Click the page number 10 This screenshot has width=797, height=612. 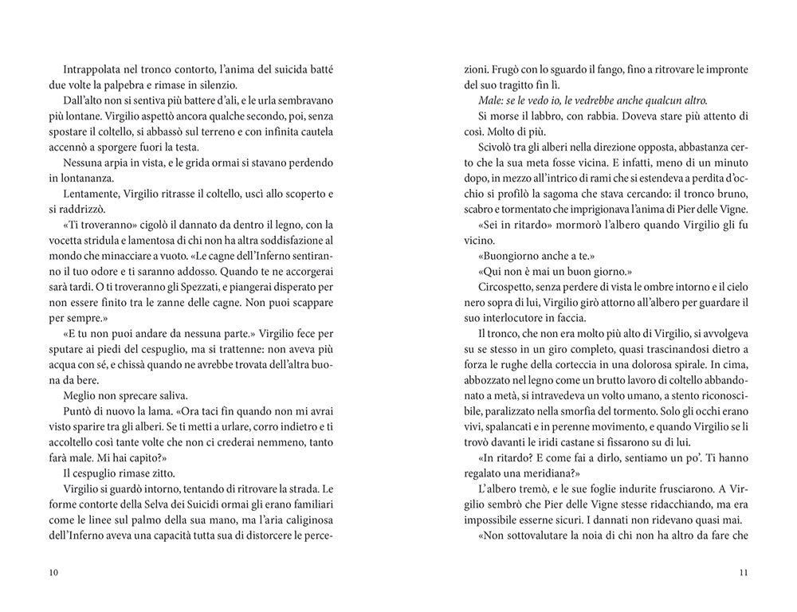(53, 572)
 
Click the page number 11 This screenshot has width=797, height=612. (743, 572)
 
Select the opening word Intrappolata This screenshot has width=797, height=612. (91, 71)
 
